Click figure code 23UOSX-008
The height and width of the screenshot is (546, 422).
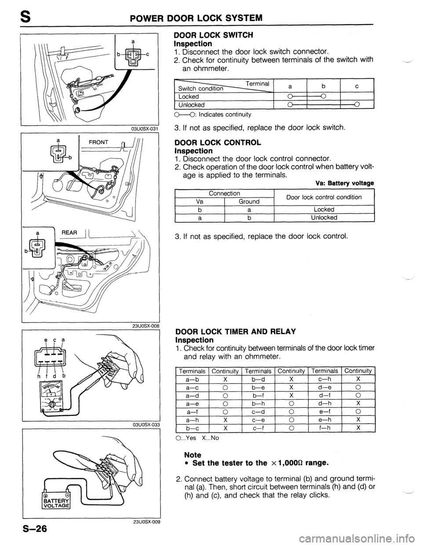coord(145,326)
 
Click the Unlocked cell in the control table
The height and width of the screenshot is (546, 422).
coord(324,217)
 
